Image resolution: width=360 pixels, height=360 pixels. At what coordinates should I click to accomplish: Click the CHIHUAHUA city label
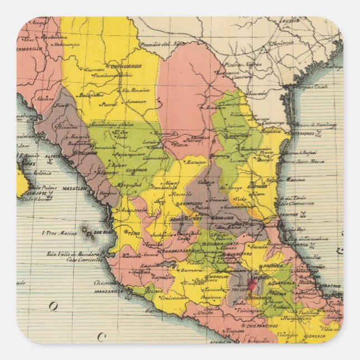[x=126, y=66]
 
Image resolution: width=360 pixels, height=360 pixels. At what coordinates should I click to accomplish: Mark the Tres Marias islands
[x=87, y=230]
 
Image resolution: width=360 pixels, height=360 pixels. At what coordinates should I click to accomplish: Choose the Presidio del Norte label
[x=162, y=44]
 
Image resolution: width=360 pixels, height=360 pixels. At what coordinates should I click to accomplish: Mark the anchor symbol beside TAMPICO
[x=304, y=213]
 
